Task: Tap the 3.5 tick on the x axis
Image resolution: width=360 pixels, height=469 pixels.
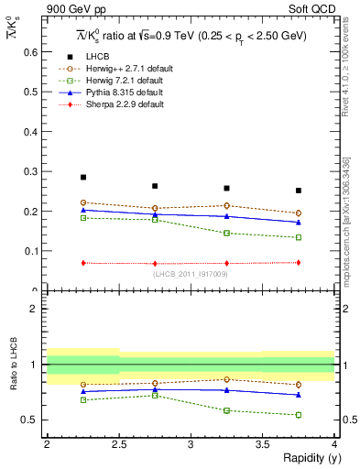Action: (262, 445)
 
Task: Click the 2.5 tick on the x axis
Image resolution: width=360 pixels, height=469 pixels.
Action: (118, 445)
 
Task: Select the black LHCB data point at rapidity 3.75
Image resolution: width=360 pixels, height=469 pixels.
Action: (299, 191)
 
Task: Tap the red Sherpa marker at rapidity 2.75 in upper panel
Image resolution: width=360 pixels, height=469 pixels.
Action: (155, 264)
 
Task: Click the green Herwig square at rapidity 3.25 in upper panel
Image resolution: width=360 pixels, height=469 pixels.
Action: (226, 233)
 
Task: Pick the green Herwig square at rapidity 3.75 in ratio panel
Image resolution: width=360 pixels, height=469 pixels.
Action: (299, 415)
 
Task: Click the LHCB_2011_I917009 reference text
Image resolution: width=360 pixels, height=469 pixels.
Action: (190, 274)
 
